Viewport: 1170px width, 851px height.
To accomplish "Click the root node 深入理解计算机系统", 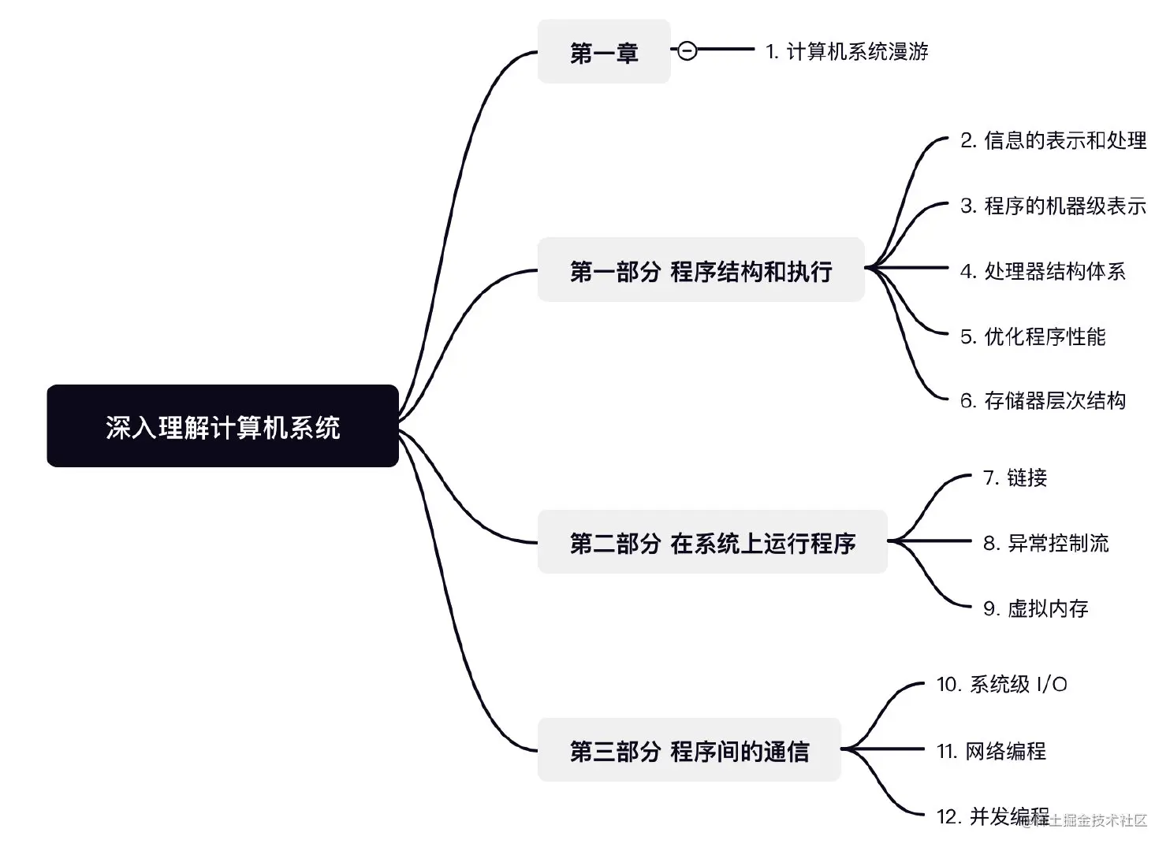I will pos(222,426).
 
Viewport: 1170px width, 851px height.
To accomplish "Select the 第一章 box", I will pos(603,52).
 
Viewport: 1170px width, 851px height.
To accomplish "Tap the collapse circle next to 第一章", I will pos(687,50).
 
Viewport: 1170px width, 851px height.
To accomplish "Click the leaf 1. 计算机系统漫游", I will pos(847,52).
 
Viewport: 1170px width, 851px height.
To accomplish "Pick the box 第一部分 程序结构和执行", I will pos(700,270).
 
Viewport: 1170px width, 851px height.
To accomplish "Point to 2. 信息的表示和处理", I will pos(1053,140).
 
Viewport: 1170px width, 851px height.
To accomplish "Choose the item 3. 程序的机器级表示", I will pos(1053,206).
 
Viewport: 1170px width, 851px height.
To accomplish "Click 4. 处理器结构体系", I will pos(1042,271).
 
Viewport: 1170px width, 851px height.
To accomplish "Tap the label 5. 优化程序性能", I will pos(1033,336).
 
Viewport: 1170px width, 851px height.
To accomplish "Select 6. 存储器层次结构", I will pos(1042,400).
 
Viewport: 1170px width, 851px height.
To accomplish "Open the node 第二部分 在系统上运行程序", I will pos(712,542).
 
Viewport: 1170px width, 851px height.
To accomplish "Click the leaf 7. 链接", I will pos(1015,478).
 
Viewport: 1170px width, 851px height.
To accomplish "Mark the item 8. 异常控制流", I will pos(1045,543).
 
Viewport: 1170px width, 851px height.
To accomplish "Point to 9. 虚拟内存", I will pos(1035,608).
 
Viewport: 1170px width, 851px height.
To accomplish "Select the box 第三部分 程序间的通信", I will pos(689,750).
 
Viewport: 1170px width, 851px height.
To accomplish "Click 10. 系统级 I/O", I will pos(1001,684).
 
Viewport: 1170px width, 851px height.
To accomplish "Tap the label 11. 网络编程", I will pos(991,751).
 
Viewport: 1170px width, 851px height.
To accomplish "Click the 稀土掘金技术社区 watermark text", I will pos(1092,820).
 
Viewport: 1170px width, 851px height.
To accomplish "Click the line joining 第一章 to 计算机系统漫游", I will pos(725,50).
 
